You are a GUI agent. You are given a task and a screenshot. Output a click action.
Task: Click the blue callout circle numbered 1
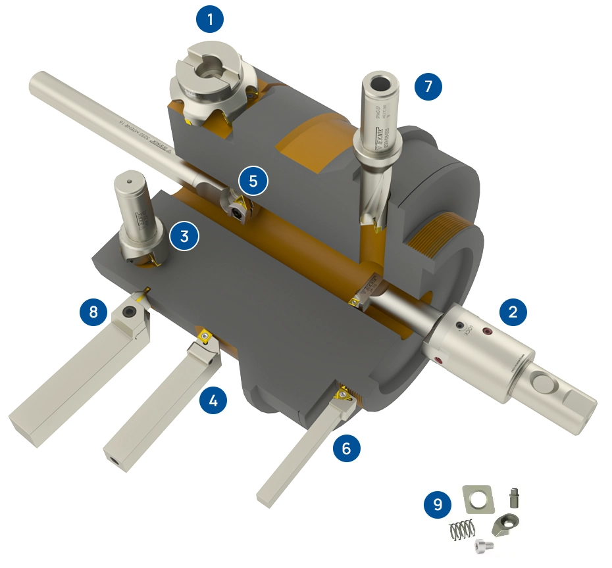pyautogui.click(x=210, y=20)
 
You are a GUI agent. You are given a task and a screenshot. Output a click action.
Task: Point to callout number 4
pyautogui.click(x=213, y=399)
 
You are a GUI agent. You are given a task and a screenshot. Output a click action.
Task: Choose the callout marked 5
pyautogui.click(x=253, y=179)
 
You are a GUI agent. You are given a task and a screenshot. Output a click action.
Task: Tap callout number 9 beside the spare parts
pyautogui.click(x=438, y=505)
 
